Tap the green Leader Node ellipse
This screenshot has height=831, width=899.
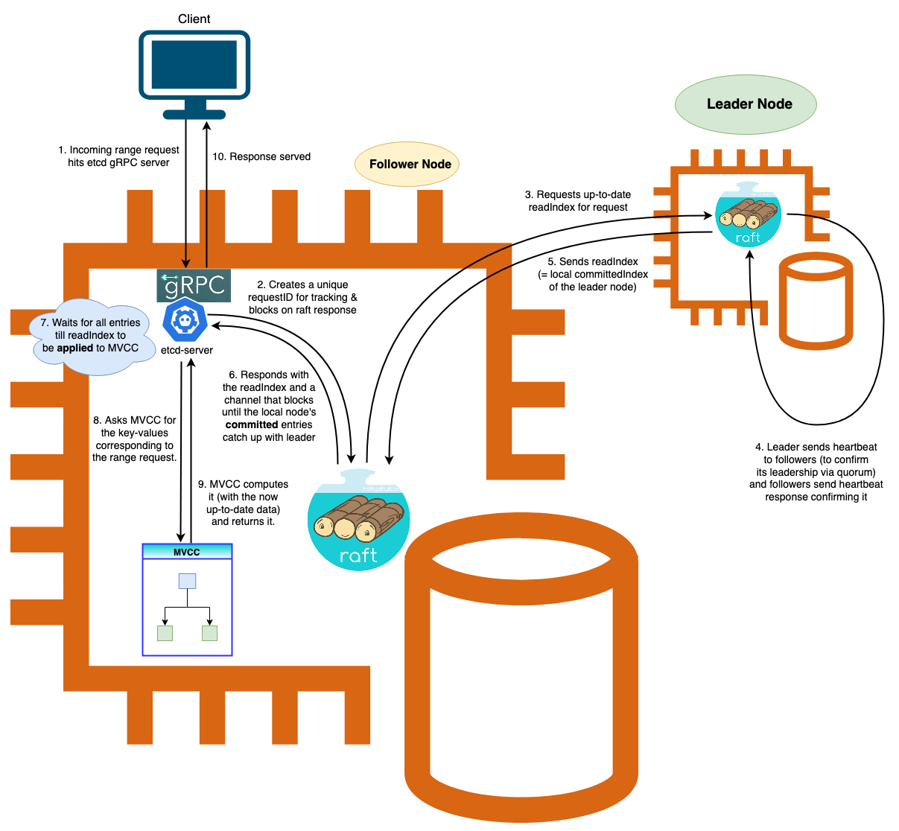[x=746, y=104]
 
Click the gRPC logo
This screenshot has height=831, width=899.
[x=194, y=286]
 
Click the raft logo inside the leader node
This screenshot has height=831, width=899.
[x=748, y=215]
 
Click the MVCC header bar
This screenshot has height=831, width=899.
[x=187, y=552]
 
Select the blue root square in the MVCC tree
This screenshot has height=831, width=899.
[x=187, y=581]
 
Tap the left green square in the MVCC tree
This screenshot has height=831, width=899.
[x=165, y=633]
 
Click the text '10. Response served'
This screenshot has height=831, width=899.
[x=261, y=157]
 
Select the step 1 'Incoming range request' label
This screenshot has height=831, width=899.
[x=119, y=156]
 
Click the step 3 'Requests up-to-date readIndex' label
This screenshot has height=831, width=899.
[x=578, y=201]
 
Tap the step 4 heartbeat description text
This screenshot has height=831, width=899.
[x=816, y=472]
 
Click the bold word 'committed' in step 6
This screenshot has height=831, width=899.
[x=252, y=425]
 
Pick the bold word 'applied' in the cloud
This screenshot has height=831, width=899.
[x=75, y=348]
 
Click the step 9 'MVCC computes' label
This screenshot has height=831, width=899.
[x=244, y=503]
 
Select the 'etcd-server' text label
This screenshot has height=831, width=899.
[x=187, y=351]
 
